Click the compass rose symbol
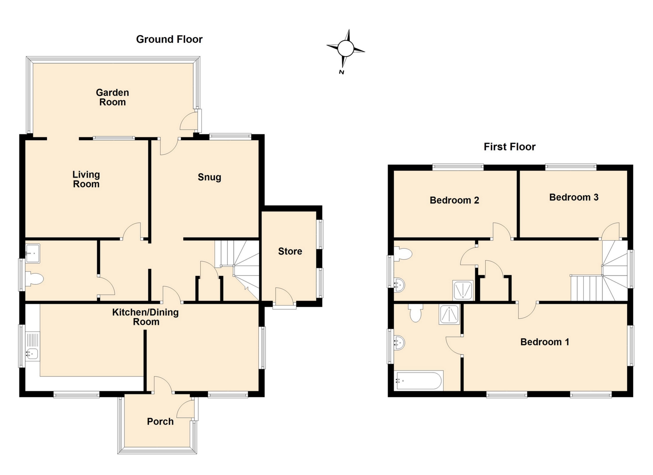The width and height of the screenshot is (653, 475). [x=346, y=48]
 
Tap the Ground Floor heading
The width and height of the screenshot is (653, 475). [x=169, y=39]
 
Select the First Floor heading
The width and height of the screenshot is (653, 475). [x=509, y=147]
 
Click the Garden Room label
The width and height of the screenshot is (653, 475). [x=112, y=97]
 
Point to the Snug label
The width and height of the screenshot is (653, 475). [x=210, y=177]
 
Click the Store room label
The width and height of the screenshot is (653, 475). [x=290, y=251]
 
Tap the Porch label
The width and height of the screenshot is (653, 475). [x=160, y=422]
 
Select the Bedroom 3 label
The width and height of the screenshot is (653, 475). [x=573, y=197]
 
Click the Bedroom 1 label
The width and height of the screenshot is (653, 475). [x=545, y=342]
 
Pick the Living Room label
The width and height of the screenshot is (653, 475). [x=86, y=179]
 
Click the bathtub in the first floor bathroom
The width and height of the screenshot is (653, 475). [x=419, y=380]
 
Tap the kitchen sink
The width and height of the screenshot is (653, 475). [x=33, y=354]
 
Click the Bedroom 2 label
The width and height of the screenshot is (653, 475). [x=454, y=200]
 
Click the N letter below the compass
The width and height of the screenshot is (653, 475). [x=341, y=72]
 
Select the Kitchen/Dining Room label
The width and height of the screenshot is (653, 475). [x=146, y=317]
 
